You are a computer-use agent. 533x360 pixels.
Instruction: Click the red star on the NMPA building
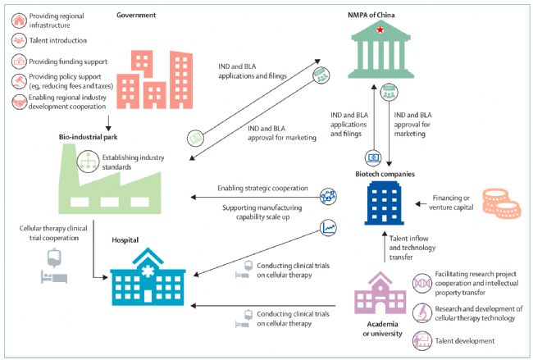click(379, 30)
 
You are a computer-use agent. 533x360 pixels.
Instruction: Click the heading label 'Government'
click(136, 14)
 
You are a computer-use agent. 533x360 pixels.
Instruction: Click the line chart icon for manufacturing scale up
click(330, 227)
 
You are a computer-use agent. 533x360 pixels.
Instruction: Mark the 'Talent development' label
click(465, 339)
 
